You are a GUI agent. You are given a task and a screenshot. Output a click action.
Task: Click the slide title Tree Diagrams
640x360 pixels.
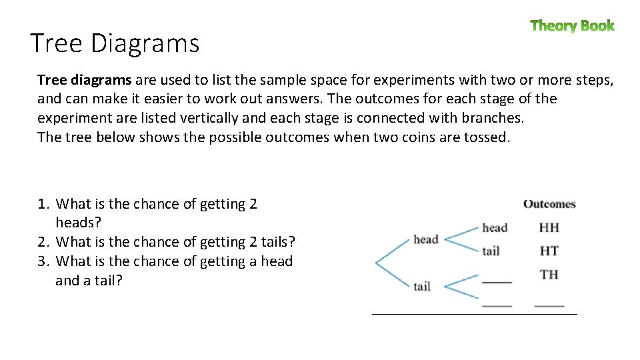click(x=115, y=43)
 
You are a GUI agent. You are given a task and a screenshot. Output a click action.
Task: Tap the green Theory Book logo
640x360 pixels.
click(x=572, y=26)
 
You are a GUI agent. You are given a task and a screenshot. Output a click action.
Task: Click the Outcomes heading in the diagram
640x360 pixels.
click(x=549, y=204)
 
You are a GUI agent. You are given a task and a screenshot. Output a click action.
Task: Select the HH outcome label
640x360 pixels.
click(x=549, y=227)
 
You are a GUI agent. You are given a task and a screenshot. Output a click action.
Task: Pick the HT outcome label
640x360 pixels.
click(x=549, y=251)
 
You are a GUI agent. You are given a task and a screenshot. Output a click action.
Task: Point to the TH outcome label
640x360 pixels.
click(x=549, y=274)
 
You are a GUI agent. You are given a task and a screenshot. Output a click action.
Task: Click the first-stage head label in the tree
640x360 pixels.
click(x=425, y=239)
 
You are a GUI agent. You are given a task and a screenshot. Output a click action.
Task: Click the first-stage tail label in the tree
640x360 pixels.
click(x=421, y=287)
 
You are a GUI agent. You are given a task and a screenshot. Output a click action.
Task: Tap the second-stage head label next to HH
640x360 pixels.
click(x=495, y=228)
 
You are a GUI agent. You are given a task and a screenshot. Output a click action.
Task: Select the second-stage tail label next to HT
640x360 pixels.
click(x=491, y=251)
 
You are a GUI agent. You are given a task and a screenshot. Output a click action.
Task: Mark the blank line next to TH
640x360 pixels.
click(x=497, y=282)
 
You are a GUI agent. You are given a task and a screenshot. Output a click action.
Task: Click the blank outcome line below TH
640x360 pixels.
click(x=549, y=305)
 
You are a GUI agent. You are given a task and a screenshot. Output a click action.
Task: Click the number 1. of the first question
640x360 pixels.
click(x=44, y=205)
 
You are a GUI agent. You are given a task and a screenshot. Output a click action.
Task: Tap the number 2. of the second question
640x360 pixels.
click(x=44, y=243)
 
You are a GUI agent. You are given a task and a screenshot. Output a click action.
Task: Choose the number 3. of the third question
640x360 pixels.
click(x=44, y=262)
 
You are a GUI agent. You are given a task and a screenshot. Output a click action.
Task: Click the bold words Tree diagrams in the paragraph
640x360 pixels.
click(x=84, y=81)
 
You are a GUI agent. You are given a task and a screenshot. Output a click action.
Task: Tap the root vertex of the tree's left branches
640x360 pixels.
click(x=377, y=263)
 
